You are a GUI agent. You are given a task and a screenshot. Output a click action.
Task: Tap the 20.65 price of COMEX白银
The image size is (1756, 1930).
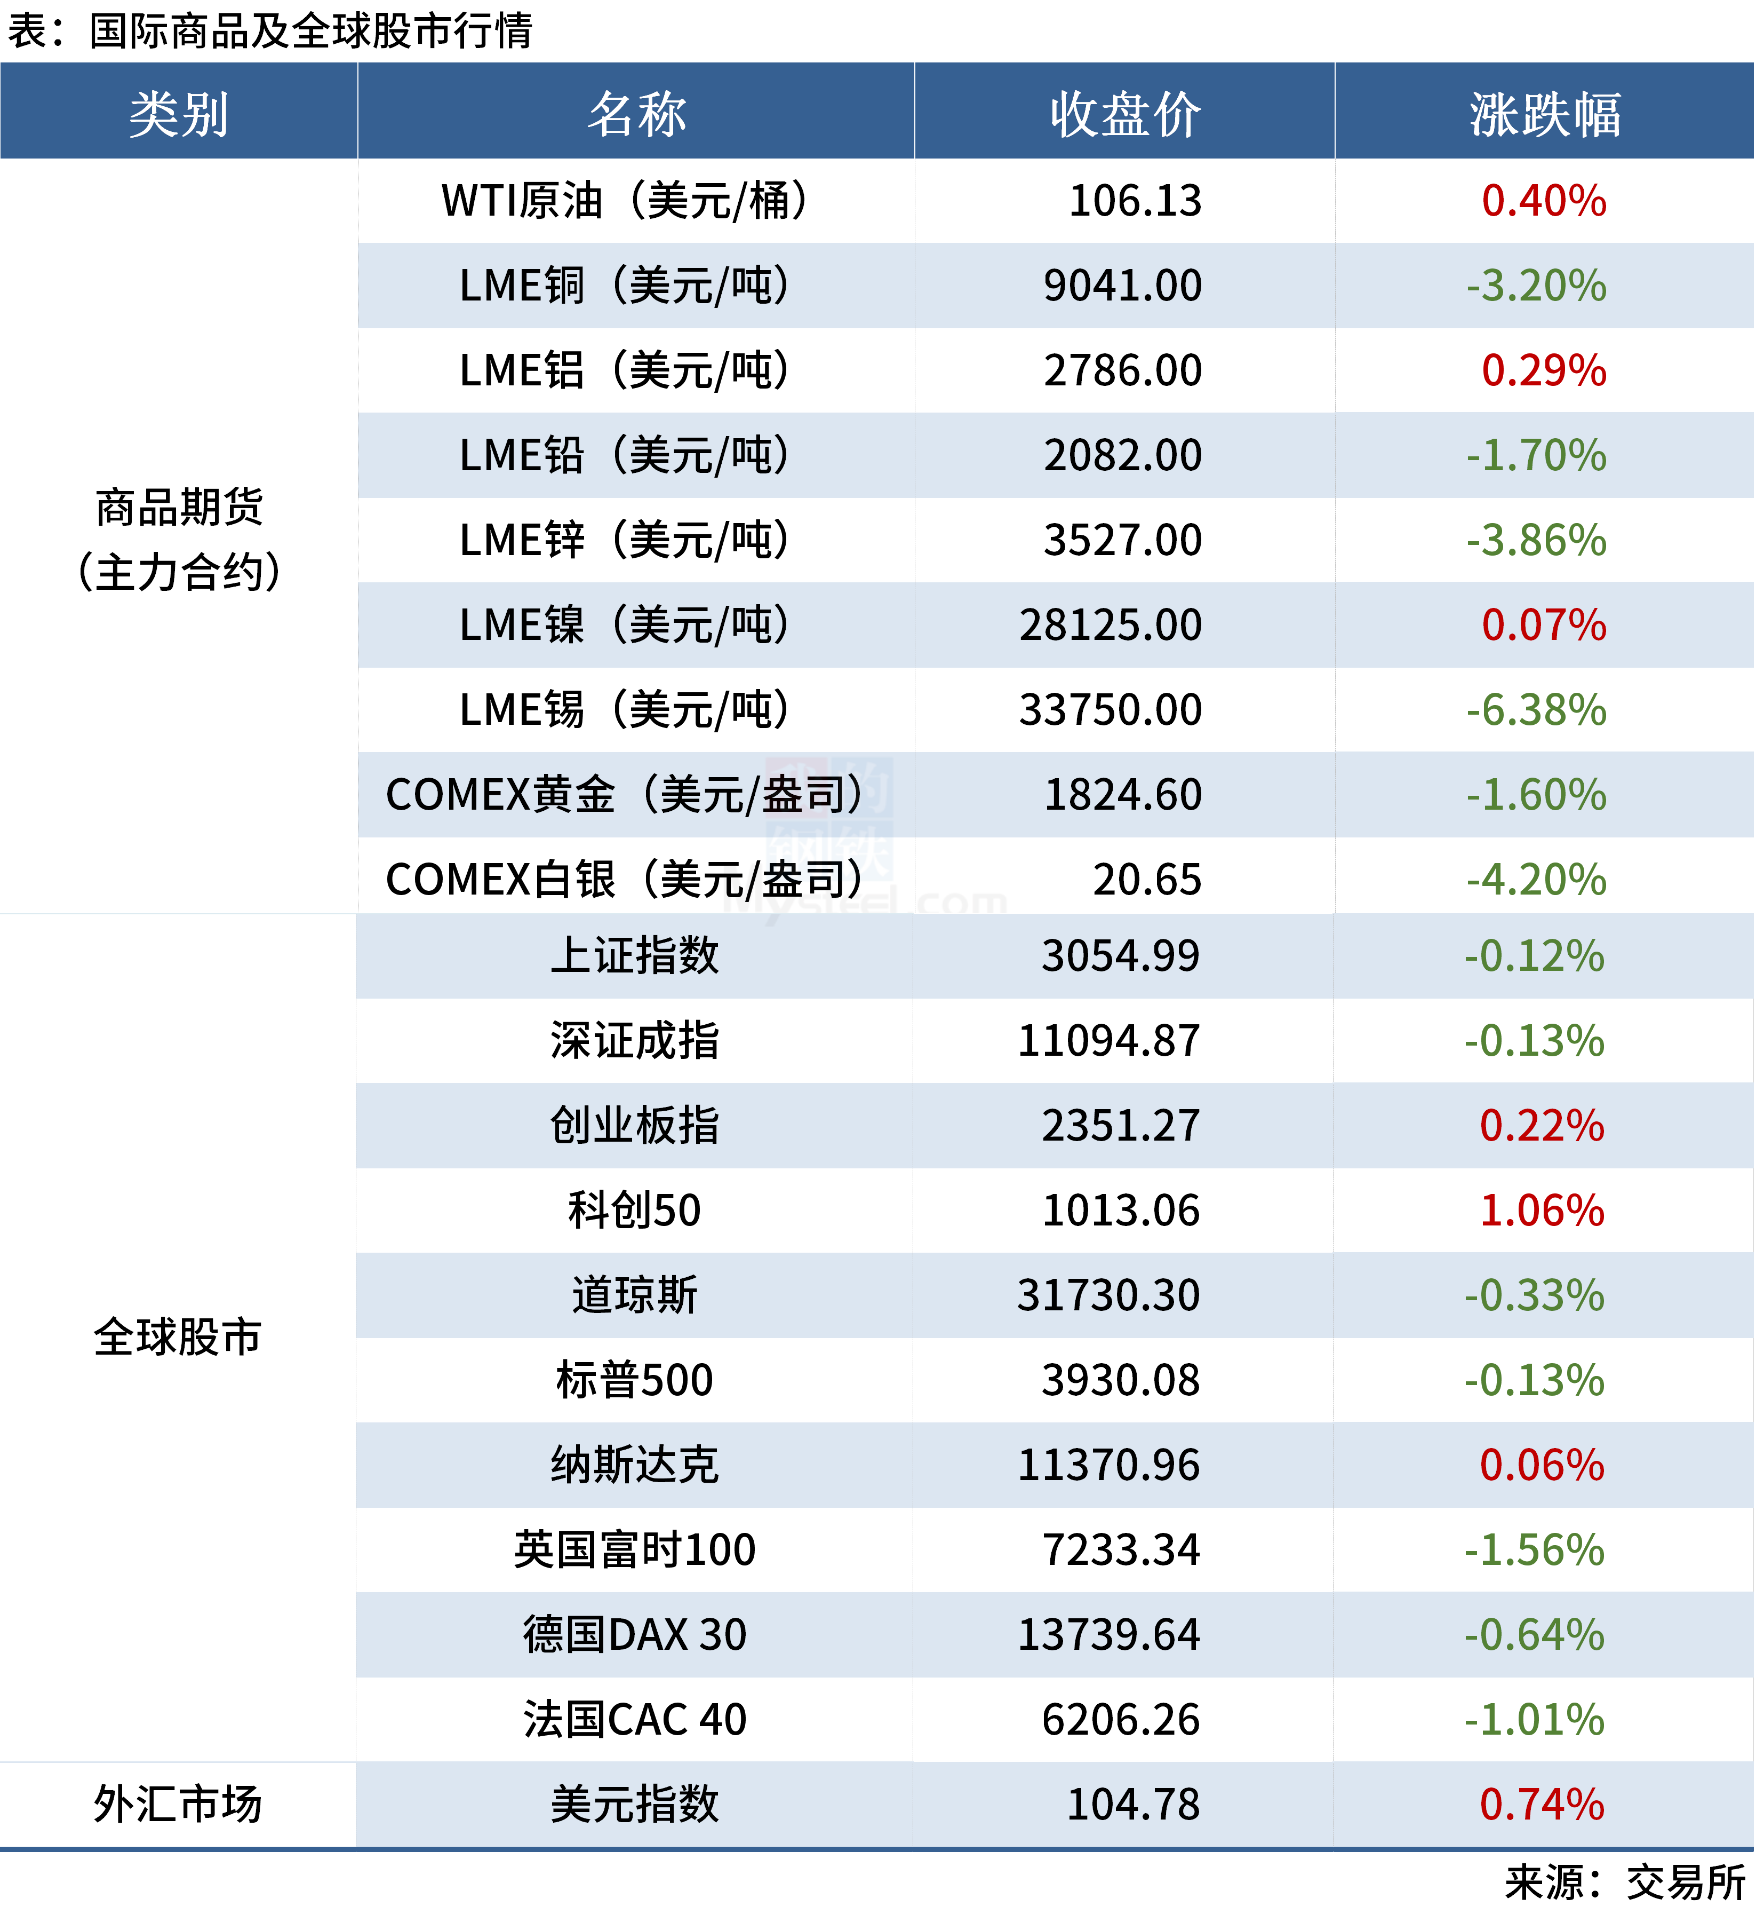[1146, 880]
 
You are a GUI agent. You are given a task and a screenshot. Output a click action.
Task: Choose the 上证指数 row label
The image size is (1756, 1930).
[634, 955]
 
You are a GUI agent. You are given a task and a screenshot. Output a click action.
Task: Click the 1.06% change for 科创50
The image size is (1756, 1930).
[1542, 1210]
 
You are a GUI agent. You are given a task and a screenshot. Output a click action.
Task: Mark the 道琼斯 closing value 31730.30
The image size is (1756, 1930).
[1108, 1295]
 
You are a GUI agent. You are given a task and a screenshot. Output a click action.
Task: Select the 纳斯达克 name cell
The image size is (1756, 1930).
[634, 1465]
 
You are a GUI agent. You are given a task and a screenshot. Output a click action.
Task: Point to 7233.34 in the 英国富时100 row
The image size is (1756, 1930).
[1121, 1550]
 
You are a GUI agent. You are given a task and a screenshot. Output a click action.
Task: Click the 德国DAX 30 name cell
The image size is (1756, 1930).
[634, 1634]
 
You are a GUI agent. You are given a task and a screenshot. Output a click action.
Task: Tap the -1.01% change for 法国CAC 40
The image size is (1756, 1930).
[1534, 1719]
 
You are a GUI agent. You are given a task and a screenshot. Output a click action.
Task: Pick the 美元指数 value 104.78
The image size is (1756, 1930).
[1133, 1805]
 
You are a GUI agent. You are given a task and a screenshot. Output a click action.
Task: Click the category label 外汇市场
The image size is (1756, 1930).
[178, 1805]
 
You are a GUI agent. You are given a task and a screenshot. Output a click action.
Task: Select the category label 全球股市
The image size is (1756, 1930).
[178, 1338]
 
